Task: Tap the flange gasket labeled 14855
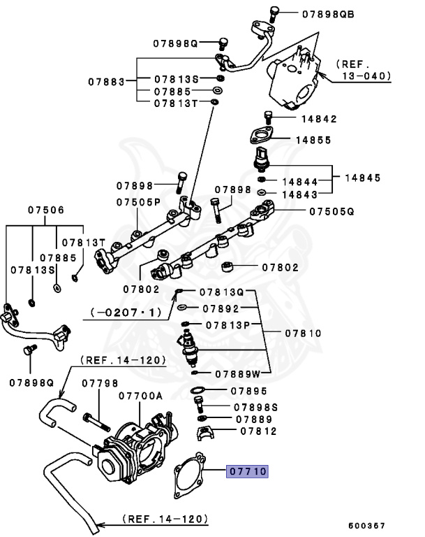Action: pyautogui.click(x=260, y=136)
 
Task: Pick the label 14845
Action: pyautogui.click(x=361, y=178)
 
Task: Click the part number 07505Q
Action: pyautogui.click(x=331, y=210)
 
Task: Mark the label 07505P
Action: pyautogui.click(x=138, y=202)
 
